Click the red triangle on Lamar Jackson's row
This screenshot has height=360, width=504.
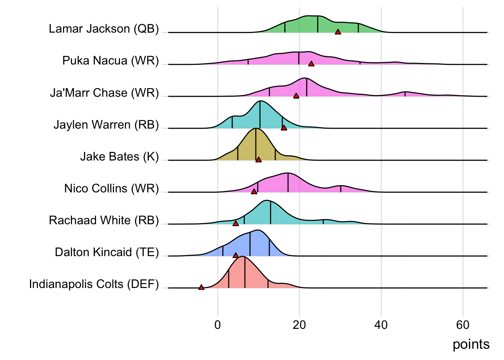338,32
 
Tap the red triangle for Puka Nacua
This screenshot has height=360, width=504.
311,64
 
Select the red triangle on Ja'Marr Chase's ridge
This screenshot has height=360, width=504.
296,96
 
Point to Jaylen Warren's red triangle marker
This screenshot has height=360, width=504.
284,128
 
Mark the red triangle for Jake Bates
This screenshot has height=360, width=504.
258,160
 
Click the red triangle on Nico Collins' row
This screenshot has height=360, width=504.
254,192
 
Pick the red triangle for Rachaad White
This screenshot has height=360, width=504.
235,223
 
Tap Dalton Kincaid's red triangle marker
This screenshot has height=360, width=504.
235,255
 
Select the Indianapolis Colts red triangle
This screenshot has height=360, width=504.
201,287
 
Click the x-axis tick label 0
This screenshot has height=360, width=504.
217,325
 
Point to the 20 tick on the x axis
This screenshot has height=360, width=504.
299,325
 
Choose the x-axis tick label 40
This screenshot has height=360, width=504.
381,325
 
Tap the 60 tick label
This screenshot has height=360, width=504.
463,325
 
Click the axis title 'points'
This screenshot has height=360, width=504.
471,344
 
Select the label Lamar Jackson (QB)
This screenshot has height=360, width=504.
104,29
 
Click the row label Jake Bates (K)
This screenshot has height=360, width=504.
120,156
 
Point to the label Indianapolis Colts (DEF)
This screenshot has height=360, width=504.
94,284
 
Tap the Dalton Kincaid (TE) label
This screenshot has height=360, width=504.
107,252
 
